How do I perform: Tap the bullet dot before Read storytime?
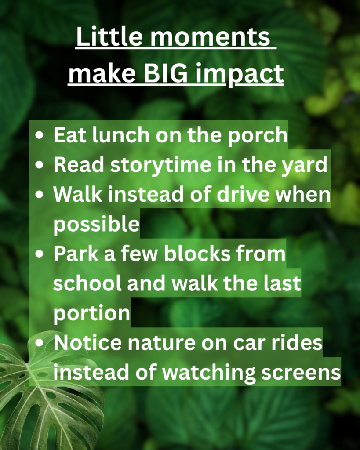pos(40,166)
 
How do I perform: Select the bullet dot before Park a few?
pos(40,255)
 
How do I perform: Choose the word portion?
pos(91,314)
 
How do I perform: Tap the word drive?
pos(244,195)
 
